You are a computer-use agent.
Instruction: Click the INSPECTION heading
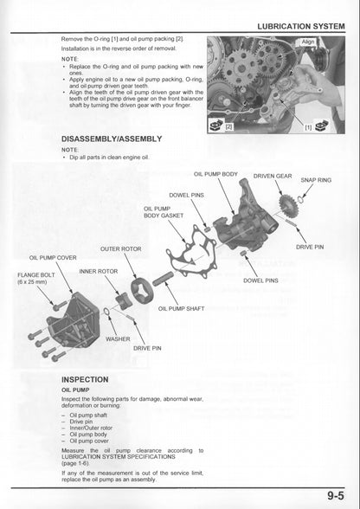(x=85, y=379)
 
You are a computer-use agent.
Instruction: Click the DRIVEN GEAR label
(x=272, y=176)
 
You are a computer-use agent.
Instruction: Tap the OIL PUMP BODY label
(x=215, y=174)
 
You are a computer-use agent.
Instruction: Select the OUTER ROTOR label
(x=121, y=249)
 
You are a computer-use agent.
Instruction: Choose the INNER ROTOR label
(x=99, y=271)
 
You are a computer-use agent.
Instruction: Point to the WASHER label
(x=118, y=338)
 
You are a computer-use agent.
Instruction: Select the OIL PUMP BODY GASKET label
(x=163, y=211)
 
